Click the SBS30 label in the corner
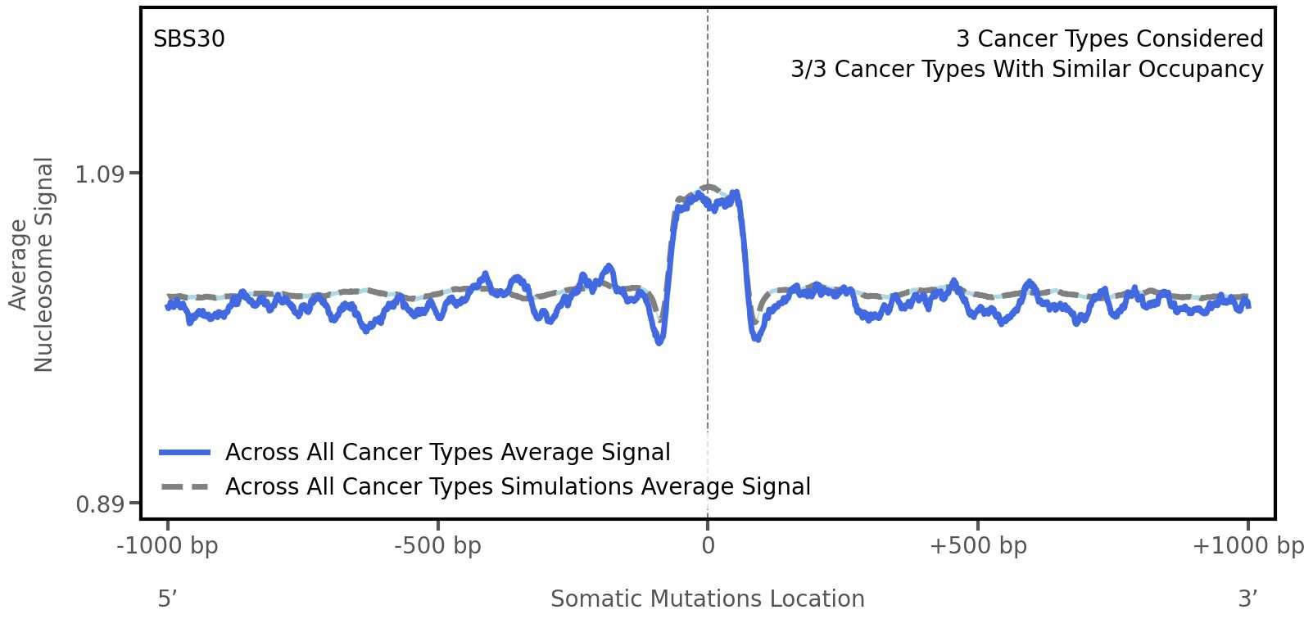tap(188, 39)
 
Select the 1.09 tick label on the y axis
tap(99, 174)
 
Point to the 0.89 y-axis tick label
tap(99, 504)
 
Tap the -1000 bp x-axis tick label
tap(168, 545)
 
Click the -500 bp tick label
tap(437, 545)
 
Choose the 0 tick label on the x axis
tap(708, 545)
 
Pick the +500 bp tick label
tap(978, 545)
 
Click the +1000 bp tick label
tap(1247, 545)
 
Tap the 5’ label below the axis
tap(167, 599)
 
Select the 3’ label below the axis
tap(1247, 599)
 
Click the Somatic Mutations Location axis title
tap(707, 599)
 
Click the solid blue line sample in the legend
tap(184, 452)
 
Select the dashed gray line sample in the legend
tap(184, 486)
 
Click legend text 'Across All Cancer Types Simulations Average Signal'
tap(518, 486)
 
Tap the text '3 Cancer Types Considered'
tap(1109, 39)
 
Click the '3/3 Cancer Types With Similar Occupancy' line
tap(1026, 70)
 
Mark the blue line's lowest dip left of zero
tap(659, 341)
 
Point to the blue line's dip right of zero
tap(757, 337)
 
